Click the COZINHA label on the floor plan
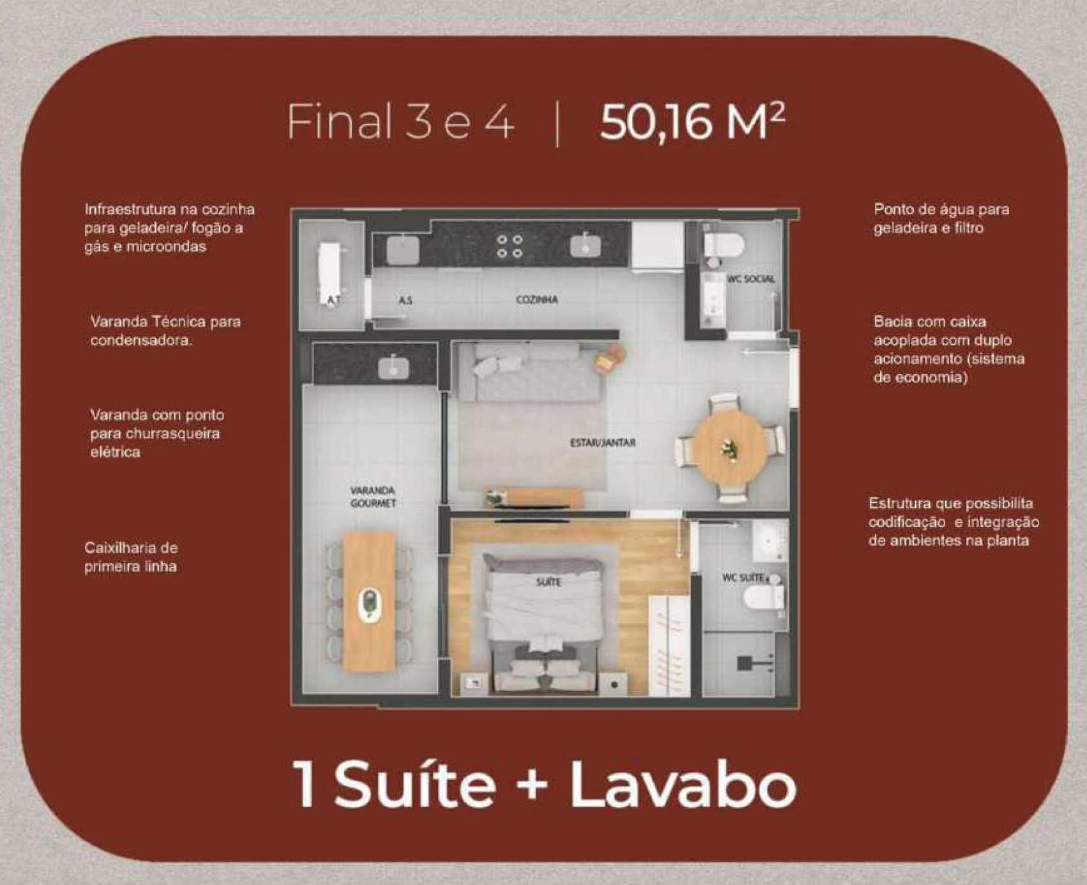click(x=536, y=299)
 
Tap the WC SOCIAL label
click(x=750, y=279)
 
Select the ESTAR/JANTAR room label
click(x=602, y=442)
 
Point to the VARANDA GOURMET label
click(x=373, y=497)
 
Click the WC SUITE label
click(x=744, y=578)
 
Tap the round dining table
click(x=731, y=446)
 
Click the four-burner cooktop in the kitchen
click(x=510, y=246)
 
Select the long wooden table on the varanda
click(x=369, y=601)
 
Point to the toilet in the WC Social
click(x=724, y=245)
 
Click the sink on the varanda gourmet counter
click(x=394, y=367)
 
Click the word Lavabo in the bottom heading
click(x=683, y=785)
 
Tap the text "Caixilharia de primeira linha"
click(x=131, y=557)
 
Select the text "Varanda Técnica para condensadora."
click(x=165, y=331)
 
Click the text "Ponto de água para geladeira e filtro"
click(x=941, y=218)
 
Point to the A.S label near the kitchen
click(x=405, y=299)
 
